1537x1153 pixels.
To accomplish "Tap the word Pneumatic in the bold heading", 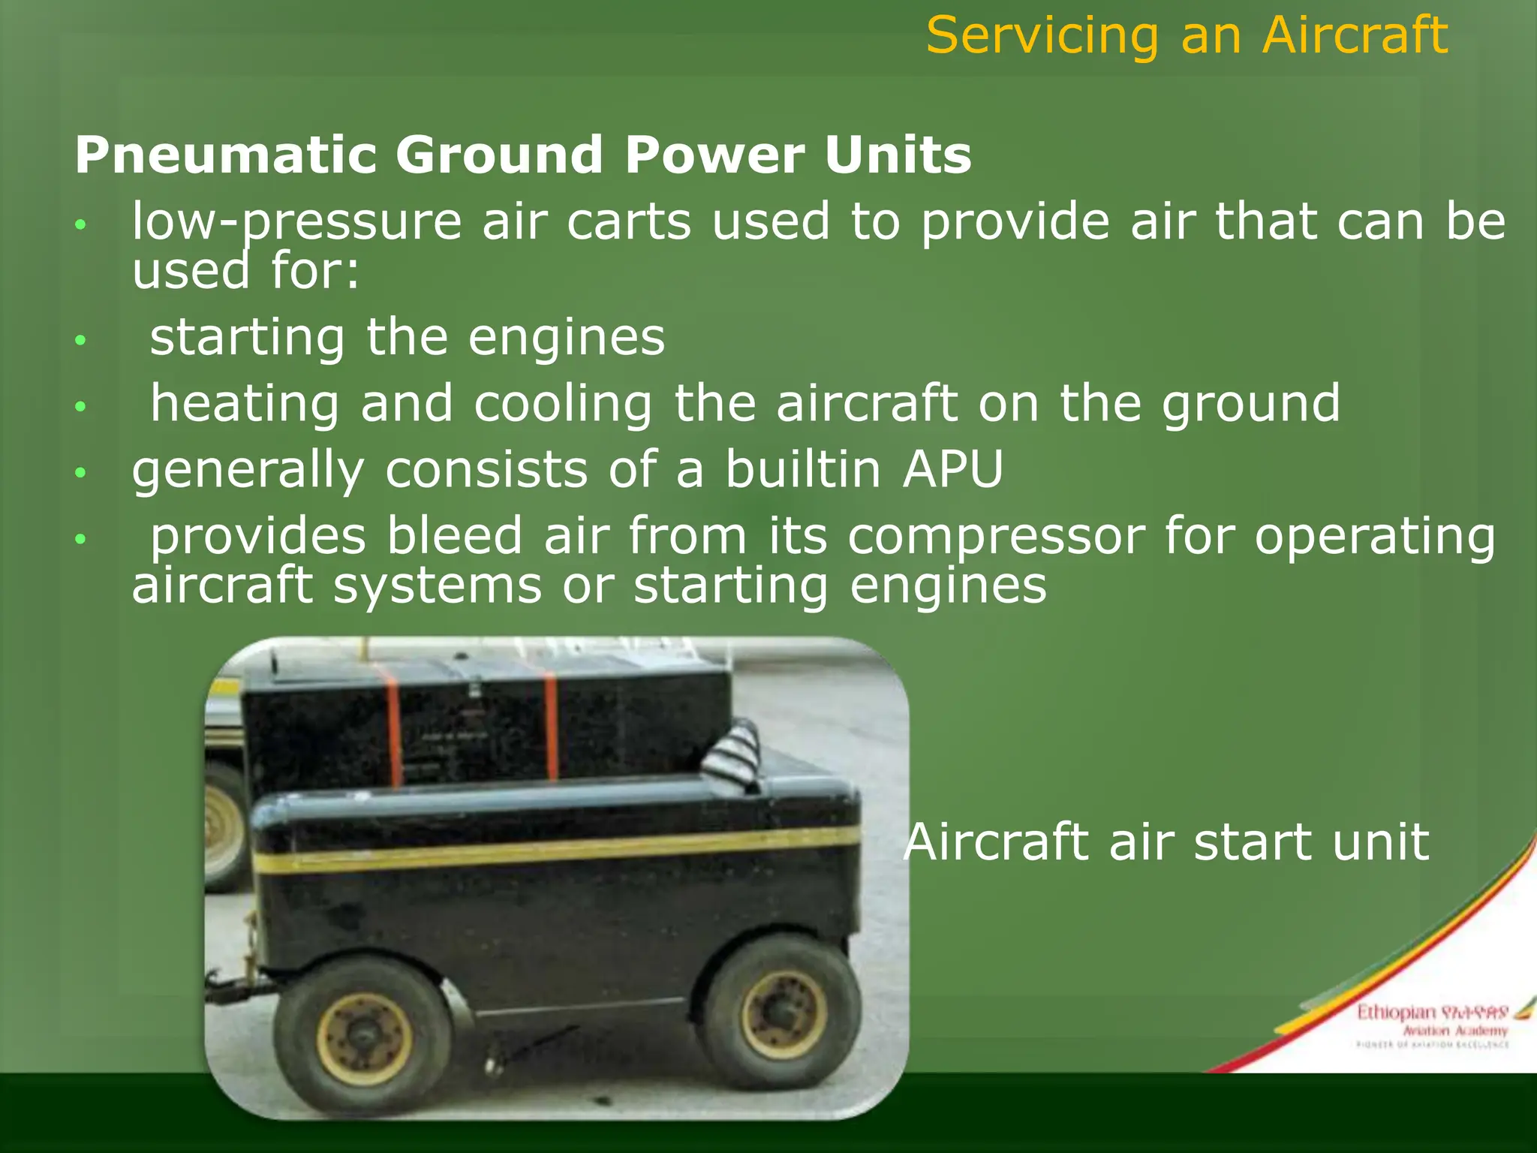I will (x=224, y=155).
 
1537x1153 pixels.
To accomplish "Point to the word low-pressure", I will (x=296, y=222).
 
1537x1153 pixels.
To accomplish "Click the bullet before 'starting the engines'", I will (x=81, y=341).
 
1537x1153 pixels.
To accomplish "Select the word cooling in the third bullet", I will (x=563, y=404).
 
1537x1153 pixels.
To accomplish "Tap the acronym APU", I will (x=953, y=470).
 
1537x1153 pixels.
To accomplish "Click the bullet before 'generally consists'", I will (x=81, y=473).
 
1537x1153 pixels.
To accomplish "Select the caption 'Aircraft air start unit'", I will (x=1166, y=841).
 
